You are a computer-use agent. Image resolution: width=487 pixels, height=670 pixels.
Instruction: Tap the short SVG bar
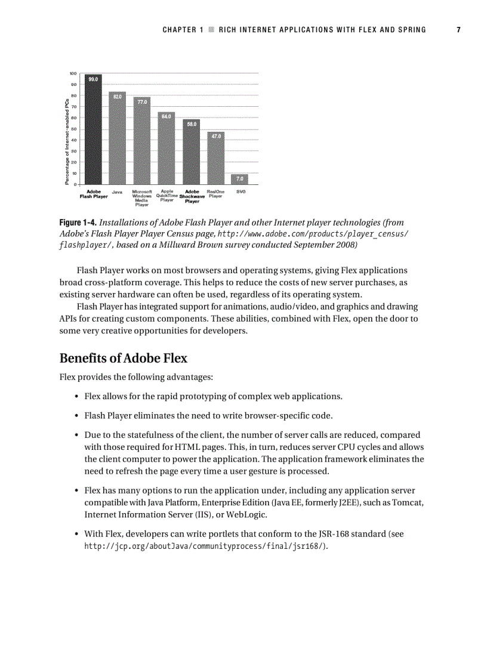[239, 178]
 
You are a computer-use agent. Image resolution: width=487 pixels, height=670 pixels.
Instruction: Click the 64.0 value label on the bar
[167, 116]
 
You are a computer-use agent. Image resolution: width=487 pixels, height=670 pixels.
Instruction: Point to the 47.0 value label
[215, 136]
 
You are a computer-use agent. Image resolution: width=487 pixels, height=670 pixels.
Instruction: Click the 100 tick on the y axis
[73, 73]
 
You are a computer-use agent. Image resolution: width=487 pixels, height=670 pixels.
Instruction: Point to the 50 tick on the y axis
[74, 129]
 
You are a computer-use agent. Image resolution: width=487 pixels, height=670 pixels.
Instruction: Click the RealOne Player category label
[215, 194]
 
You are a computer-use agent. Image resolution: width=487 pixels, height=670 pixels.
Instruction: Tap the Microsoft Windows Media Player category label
[142, 198]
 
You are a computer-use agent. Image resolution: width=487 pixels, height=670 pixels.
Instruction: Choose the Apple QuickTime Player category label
[167, 196]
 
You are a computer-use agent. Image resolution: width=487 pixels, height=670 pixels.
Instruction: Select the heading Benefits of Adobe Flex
[123, 359]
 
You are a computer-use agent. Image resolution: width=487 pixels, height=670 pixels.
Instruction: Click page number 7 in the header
[458, 30]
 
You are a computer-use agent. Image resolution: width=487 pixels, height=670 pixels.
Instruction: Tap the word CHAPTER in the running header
[180, 30]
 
